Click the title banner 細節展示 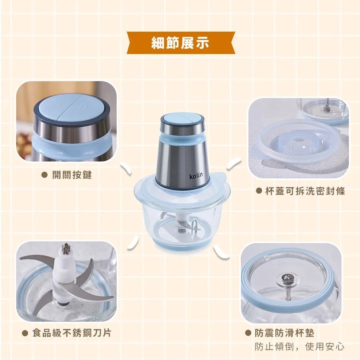[x=180, y=43]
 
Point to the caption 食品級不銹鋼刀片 [x=72, y=333]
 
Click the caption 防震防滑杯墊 [x=290, y=333]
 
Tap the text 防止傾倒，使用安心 [x=300, y=346]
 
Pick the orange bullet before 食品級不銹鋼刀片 [x=24, y=333]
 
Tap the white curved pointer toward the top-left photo [x=127, y=170]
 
